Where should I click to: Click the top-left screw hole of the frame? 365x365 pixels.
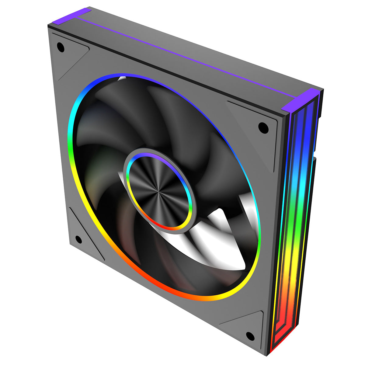click(61, 47)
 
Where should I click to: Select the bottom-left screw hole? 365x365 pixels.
click(78, 239)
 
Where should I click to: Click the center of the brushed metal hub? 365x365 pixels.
click(158, 191)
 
